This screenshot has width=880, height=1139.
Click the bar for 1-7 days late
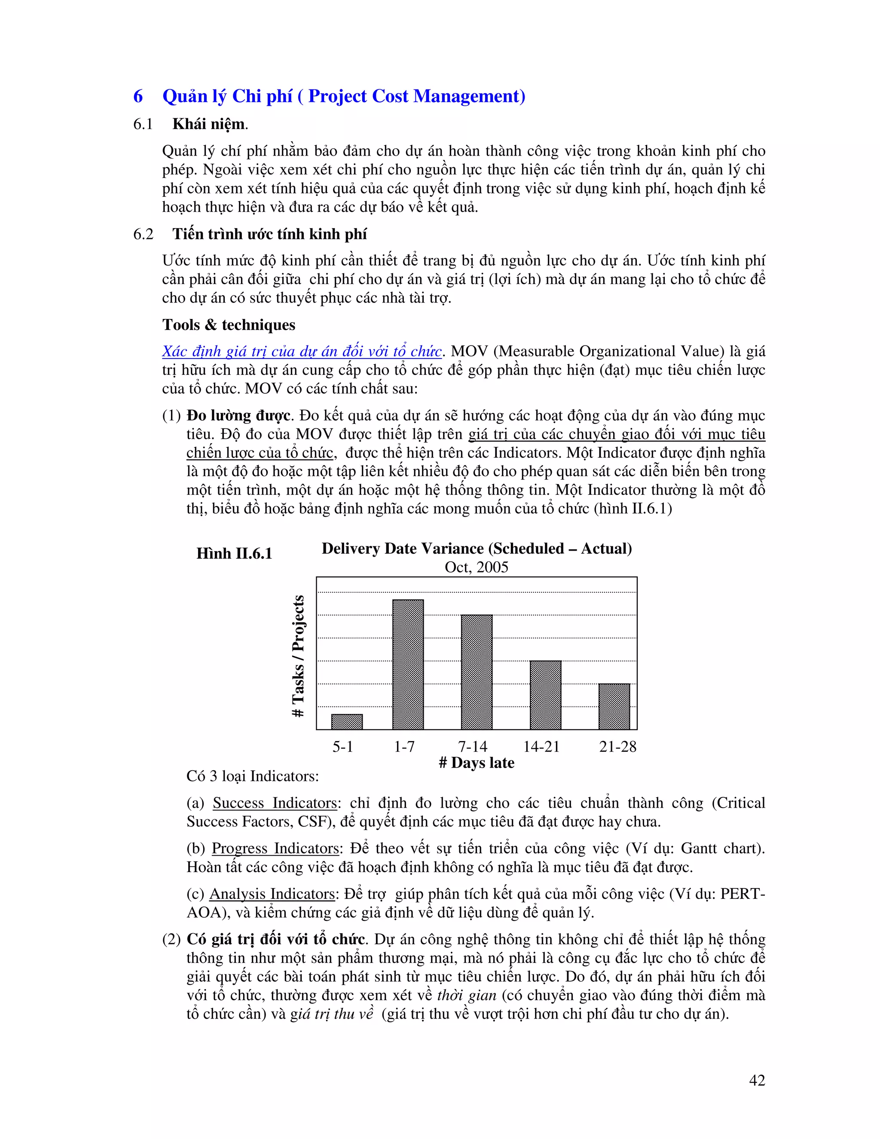click(x=408, y=664)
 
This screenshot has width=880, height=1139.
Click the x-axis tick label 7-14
click(x=472, y=747)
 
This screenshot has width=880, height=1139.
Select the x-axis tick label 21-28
click(x=618, y=747)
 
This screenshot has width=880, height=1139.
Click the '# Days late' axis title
click(x=477, y=763)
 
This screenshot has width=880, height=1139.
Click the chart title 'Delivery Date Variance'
click(x=477, y=548)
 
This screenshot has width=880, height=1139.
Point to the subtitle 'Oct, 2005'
click(x=477, y=567)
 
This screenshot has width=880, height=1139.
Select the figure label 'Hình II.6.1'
click(x=234, y=553)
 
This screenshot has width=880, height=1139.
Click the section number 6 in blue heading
click(x=138, y=96)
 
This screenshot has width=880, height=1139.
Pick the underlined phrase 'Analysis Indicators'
click(x=272, y=894)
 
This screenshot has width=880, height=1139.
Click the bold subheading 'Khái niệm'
click(x=208, y=124)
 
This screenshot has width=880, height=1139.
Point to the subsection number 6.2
click(x=144, y=234)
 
